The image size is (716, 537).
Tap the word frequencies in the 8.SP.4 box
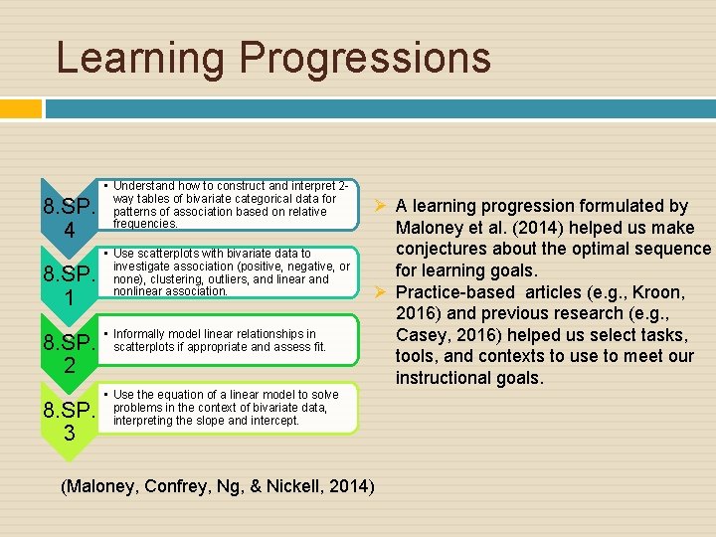coord(145,224)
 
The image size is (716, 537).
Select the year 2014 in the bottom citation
coord(351,486)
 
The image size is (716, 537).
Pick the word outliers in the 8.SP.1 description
coord(252,279)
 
